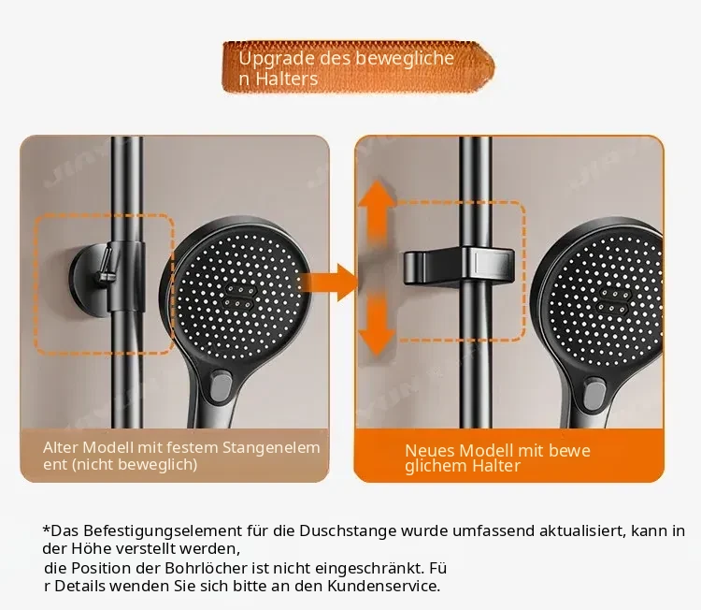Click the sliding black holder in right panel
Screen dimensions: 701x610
coord(459,266)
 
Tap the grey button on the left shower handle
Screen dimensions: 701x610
coord(222,388)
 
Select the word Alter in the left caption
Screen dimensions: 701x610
coord(61,447)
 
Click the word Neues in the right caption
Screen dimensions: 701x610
coord(428,451)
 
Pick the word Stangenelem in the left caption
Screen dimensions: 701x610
coord(271,448)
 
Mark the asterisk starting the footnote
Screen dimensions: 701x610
coord(47,529)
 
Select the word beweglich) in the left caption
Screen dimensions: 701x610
coord(159,465)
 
